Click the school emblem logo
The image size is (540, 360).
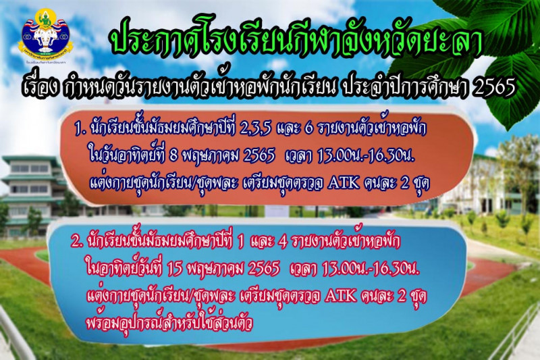coord(46,37)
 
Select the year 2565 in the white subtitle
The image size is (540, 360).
coord(495,87)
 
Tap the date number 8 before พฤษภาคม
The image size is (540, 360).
coord(174,157)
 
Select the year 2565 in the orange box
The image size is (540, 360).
coord(259,157)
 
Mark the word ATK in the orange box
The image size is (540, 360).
coord(344,184)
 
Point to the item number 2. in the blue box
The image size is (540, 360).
coord(77,242)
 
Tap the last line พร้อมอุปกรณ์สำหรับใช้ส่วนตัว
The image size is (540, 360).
coord(169,323)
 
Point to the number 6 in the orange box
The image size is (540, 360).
coord(309,130)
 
